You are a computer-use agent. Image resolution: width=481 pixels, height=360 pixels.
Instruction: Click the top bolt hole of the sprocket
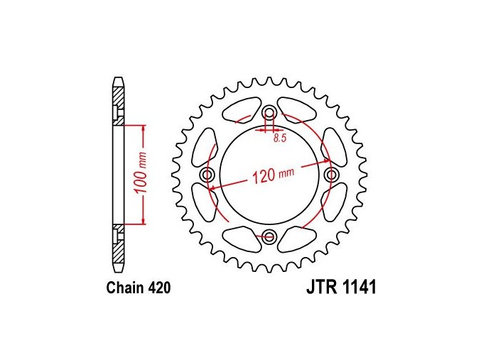269,113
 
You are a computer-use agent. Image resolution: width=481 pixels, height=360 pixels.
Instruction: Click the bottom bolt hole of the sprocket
269,236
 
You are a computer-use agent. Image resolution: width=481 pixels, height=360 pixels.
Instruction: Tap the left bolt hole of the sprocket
207,175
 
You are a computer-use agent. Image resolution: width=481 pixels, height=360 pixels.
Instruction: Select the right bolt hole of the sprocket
331,175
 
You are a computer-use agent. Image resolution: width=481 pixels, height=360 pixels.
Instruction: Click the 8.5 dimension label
280,138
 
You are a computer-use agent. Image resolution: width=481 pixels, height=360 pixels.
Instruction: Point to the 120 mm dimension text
273,175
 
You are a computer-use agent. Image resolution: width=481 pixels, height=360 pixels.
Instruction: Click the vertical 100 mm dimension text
141,173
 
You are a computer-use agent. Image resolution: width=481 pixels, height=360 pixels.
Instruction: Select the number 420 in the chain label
159,288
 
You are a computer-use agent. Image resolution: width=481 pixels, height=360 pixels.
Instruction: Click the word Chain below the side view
125,288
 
